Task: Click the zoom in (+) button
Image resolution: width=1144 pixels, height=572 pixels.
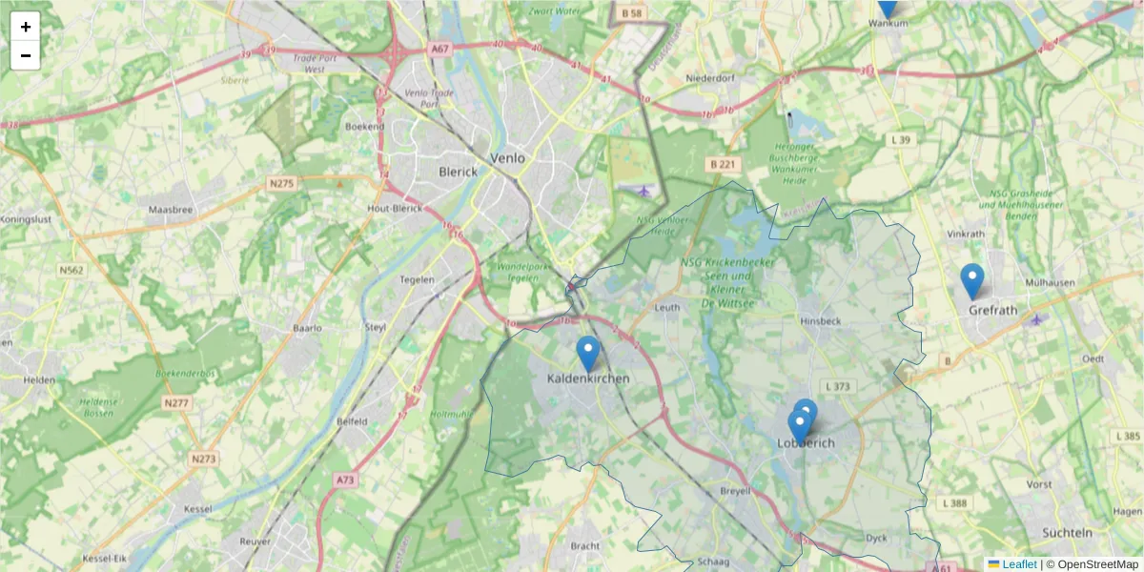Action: pyautogui.click(x=26, y=27)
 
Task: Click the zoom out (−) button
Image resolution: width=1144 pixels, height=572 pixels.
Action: pyautogui.click(x=26, y=55)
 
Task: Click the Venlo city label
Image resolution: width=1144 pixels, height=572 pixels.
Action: pyautogui.click(x=506, y=158)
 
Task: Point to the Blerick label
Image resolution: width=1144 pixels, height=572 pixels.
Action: pyautogui.click(x=457, y=173)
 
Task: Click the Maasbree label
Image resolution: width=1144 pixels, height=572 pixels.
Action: pyautogui.click(x=172, y=208)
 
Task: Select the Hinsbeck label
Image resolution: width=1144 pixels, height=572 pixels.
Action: pyautogui.click(x=821, y=321)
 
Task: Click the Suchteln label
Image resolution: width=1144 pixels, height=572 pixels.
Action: pyautogui.click(x=1067, y=532)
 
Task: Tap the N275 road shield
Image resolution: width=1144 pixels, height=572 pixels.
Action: pyautogui.click(x=281, y=183)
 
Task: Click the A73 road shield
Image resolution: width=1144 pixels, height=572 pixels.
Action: pyautogui.click(x=345, y=481)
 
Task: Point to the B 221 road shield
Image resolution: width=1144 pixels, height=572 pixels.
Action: pyautogui.click(x=724, y=164)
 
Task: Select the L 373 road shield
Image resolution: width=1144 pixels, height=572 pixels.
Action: pyautogui.click(x=838, y=386)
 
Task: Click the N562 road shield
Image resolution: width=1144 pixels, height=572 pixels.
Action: pyautogui.click(x=71, y=271)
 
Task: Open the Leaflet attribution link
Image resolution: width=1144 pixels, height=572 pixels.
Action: pyautogui.click(x=1019, y=564)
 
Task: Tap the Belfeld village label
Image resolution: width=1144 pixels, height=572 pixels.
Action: pyautogui.click(x=352, y=420)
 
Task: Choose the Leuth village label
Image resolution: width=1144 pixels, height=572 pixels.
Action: pyautogui.click(x=667, y=307)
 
